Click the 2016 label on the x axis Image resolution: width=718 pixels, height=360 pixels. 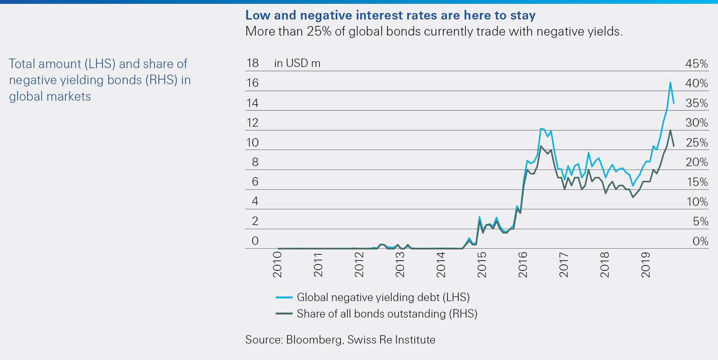[523, 265]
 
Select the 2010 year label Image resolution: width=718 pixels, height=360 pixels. [277, 265]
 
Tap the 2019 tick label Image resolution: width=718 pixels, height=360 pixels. [646, 265]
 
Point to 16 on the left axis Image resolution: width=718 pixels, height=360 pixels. [252, 83]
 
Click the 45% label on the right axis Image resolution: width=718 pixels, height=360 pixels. [696, 64]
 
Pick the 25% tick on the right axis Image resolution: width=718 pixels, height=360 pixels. [696, 143]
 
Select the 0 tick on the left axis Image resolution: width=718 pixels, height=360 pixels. [255, 241]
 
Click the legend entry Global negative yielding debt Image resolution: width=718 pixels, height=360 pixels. [382, 297]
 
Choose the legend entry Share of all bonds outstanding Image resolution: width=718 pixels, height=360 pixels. [386, 314]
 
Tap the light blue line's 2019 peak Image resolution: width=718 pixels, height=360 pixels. [670, 82]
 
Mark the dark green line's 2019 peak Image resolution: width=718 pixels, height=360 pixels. [670, 130]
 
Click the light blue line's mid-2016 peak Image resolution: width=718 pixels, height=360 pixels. [542, 129]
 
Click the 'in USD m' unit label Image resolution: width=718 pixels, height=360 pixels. [297, 63]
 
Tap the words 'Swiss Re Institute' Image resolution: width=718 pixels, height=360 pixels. [391, 340]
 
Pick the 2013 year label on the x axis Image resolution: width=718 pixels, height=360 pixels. [400, 265]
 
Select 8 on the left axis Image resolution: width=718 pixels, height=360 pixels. [255, 162]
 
